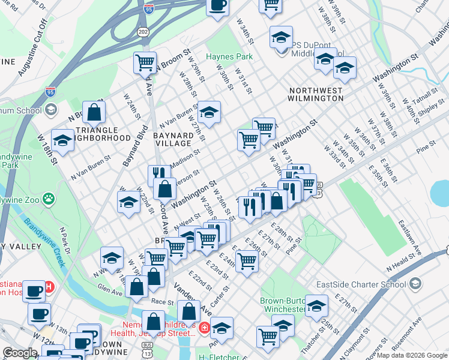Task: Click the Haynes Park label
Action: click(x=229, y=57)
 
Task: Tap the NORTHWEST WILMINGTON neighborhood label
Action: click(x=324, y=94)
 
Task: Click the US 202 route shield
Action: click(x=143, y=31)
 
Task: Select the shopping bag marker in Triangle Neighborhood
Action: click(x=94, y=112)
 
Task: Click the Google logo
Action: click(x=19, y=353)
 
